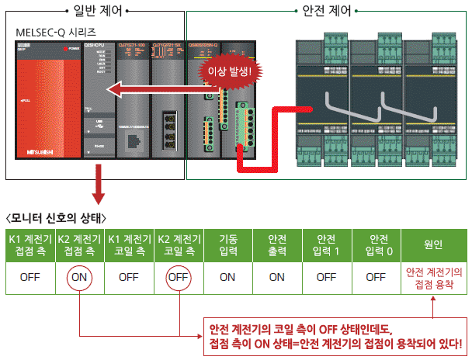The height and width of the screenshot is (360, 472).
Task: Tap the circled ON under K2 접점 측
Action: pos(78,276)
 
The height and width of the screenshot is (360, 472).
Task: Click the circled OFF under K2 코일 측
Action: pos(178,276)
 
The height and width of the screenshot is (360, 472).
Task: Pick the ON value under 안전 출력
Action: pos(277,276)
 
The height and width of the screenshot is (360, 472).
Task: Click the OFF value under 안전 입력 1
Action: pos(327,276)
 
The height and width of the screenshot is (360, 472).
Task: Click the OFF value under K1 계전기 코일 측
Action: pos(128,276)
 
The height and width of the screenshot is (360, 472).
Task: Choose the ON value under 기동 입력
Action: pos(227,276)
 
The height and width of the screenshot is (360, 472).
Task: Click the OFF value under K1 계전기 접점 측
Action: pos(30,276)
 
